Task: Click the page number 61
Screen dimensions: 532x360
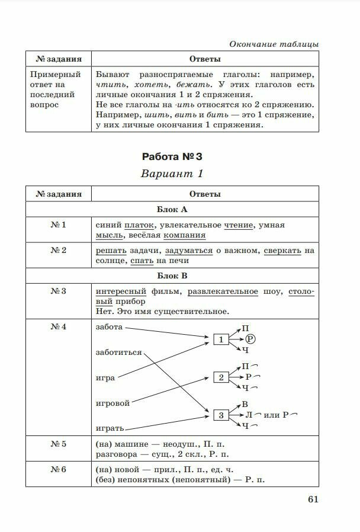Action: [x=313, y=499]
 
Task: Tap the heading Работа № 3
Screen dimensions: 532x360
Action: [x=172, y=157]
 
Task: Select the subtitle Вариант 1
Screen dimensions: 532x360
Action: [x=172, y=174]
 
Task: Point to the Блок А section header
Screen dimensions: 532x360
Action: [x=172, y=210]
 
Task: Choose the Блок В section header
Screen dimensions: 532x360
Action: [x=172, y=275]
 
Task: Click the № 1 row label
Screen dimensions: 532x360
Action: [x=59, y=225]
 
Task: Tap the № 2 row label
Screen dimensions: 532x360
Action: [x=59, y=251]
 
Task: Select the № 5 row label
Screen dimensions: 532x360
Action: [x=59, y=444]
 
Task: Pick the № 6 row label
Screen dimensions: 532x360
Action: [x=59, y=469]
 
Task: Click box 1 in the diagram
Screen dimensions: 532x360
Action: [x=221, y=339]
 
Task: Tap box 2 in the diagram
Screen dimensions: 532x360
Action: [x=221, y=377]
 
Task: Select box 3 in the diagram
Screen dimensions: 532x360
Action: [x=221, y=415]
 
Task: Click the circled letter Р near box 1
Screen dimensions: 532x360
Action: [x=249, y=339]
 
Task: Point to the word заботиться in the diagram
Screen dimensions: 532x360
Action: [x=118, y=352]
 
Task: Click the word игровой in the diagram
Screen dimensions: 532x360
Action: [x=112, y=403]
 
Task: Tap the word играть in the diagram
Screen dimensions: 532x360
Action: [x=110, y=428]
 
